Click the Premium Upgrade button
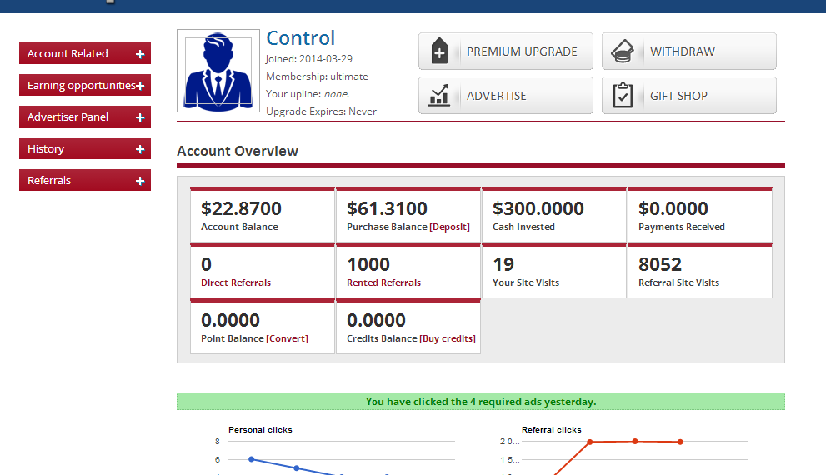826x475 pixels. coord(505,52)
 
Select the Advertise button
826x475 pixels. coord(505,96)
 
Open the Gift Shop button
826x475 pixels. coord(688,96)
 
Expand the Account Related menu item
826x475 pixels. coord(84,53)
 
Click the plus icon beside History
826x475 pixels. coord(140,149)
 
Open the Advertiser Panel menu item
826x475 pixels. coord(84,117)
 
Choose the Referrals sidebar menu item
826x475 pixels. coord(84,180)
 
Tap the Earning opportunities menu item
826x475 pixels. coord(81,85)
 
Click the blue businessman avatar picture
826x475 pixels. coord(218,71)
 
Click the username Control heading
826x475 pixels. coord(300,38)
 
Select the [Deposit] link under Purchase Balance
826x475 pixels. coord(449,227)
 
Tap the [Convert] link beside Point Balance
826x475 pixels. coord(287,338)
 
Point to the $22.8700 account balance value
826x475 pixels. coord(241,208)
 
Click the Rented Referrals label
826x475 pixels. coord(383,282)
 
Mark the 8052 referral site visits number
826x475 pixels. coord(660,264)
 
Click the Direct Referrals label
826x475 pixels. coord(236,282)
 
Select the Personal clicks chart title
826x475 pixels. coord(260,430)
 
